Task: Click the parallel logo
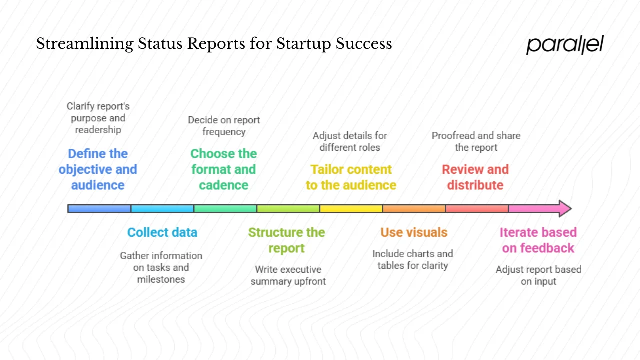pos(565,45)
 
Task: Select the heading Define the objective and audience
pos(98,169)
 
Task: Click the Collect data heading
pos(162,232)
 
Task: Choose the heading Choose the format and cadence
pos(224,169)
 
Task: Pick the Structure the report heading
pos(286,240)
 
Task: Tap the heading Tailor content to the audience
pos(351,177)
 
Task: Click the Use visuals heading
pos(414,232)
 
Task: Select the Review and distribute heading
pos(475,177)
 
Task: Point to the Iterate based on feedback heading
pos(538,240)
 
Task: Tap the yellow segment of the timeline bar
pos(351,208)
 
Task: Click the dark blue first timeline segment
pos(99,208)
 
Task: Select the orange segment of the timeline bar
pos(414,208)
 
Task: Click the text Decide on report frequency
pos(224,126)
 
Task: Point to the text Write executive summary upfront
pos(288,275)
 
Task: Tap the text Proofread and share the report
pos(476,141)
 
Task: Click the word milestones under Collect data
pos(161,279)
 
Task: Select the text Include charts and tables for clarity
pos(413,260)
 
